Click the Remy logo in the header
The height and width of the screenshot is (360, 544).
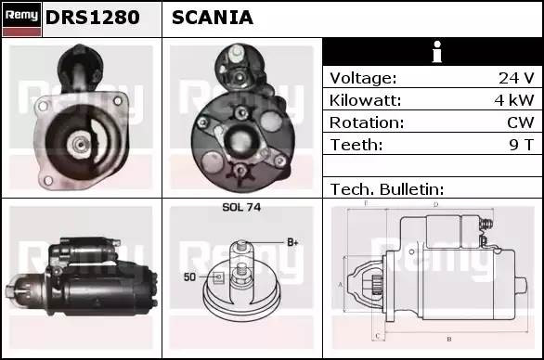click(x=22, y=19)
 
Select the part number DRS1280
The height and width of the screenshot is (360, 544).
click(x=92, y=18)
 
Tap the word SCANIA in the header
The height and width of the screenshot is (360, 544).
click(x=213, y=18)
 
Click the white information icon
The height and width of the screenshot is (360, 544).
click(x=437, y=52)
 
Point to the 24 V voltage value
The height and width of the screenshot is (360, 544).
click(x=516, y=78)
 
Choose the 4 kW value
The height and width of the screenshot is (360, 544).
click(x=513, y=100)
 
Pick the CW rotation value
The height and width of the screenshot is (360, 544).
click(x=521, y=122)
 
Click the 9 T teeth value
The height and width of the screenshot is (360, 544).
click(x=521, y=145)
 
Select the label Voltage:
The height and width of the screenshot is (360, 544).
click(x=363, y=78)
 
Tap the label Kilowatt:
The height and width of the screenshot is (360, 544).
click(x=365, y=100)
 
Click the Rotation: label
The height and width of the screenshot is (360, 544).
click(x=367, y=122)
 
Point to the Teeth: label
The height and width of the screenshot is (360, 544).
click(x=356, y=145)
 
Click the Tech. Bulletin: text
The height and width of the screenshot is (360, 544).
click(x=387, y=189)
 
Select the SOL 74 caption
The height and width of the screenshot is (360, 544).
click(x=241, y=207)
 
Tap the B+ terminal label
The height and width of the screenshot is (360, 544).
click(x=292, y=242)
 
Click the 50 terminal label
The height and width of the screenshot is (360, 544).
click(x=189, y=276)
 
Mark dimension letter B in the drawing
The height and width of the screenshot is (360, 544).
click(x=449, y=339)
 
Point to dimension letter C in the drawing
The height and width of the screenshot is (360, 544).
click(x=378, y=336)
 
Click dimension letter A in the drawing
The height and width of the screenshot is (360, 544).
click(x=340, y=285)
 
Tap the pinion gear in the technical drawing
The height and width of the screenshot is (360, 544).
click(x=377, y=285)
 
